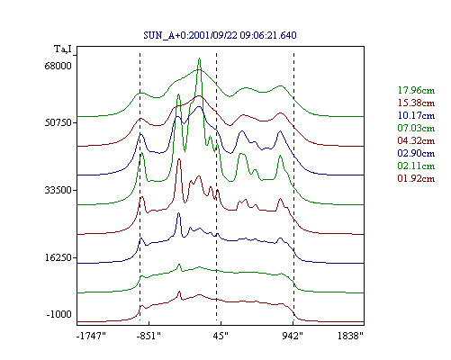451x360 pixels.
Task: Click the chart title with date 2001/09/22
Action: [x=220, y=35]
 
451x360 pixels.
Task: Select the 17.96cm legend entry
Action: [x=416, y=90]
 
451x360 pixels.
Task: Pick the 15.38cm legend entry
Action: [x=416, y=103]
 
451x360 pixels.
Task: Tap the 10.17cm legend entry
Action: [x=416, y=115]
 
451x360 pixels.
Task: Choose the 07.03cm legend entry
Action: [x=416, y=128]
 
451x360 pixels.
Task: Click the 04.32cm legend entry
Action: [x=416, y=140]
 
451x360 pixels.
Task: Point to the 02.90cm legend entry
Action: [x=416, y=153]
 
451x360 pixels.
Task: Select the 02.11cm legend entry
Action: [x=416, y=166]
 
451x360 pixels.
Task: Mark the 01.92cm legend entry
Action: [x=416, y=178]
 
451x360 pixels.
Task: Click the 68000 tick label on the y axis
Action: [x=58, y=66]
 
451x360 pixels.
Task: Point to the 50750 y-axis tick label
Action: [x=58, y=122]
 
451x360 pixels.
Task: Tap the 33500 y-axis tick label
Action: [x=58, y=190]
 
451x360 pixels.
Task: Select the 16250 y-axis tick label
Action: [x=58, y=257]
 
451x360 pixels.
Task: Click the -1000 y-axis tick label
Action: [x=59, y=314]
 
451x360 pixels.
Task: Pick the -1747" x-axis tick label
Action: [x=92, y=336]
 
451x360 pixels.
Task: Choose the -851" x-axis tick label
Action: [x=149, y=336]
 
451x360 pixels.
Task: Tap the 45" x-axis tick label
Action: [x=221, y=336]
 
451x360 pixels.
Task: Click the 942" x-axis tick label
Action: [x=293, y=336]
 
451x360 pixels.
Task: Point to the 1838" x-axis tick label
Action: [x=350, y=336]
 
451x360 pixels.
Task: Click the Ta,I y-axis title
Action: [x=63, y=49]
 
